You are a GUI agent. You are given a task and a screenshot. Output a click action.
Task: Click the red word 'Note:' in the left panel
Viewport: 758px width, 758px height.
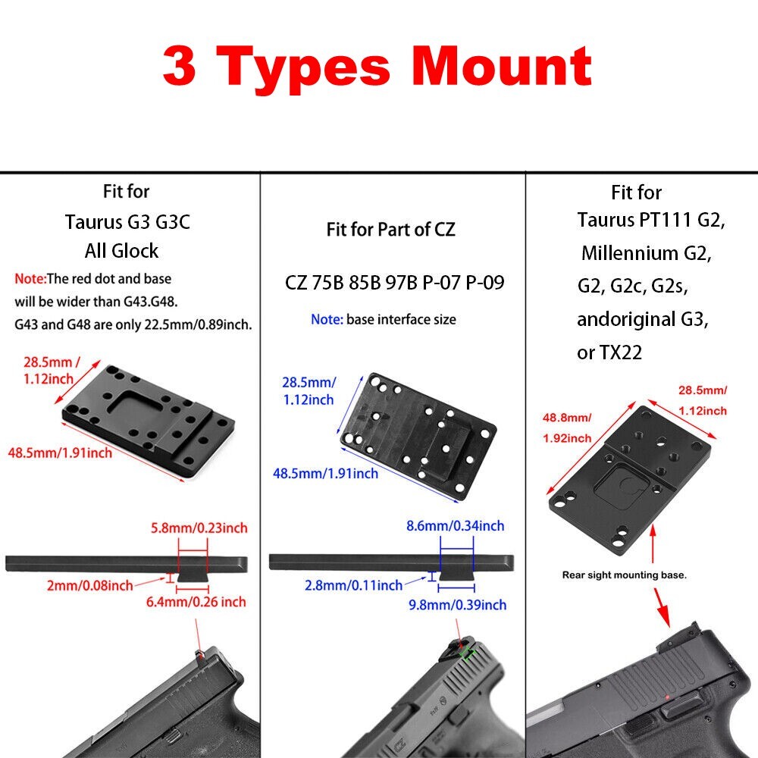[x=30, y=279]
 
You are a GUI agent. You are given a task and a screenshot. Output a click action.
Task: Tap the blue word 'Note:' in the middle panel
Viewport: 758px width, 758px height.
[x=327, y=320]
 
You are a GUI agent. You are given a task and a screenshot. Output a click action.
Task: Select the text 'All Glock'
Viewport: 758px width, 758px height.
[x=121, y=250]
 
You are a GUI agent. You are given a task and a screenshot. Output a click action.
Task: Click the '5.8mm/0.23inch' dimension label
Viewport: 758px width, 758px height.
[x=199, y=528]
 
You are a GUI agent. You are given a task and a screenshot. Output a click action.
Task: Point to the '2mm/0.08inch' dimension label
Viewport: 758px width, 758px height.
[x=90, y=585]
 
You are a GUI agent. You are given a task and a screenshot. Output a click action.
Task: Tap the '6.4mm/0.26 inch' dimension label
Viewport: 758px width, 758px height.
[x=196, y=602]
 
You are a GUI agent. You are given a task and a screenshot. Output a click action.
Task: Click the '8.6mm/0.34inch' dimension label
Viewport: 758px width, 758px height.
[x=456, y=525]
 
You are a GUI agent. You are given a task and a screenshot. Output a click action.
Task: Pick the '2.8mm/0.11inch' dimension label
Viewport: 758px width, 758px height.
[x=353, y=585]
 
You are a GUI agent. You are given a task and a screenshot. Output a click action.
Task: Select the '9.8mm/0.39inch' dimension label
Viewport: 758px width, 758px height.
[x=458, y=605]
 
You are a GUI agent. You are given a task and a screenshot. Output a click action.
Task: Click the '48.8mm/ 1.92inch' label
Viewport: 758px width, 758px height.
[x=567, y=428]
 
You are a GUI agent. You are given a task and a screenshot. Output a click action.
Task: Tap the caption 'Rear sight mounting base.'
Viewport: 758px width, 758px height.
[x=624, y=575]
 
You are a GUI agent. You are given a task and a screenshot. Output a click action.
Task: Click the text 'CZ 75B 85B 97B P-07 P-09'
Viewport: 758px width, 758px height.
[x=394, y=282]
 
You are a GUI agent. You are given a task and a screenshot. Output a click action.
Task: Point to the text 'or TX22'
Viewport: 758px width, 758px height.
[x=609, y=352]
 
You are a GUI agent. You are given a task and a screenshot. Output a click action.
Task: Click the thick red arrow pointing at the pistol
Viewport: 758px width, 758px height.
[x=662, y=608]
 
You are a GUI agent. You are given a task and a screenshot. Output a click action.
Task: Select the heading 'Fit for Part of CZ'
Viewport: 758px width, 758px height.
[x=390, y=229]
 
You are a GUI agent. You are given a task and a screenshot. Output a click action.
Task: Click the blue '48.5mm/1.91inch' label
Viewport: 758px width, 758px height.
[x=325, y=473]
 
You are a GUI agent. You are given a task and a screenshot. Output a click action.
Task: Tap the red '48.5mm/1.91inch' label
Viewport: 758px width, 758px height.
[x=60, y=453]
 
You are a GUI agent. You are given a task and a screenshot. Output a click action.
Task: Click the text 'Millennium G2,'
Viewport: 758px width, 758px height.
[x=647, y=253]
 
